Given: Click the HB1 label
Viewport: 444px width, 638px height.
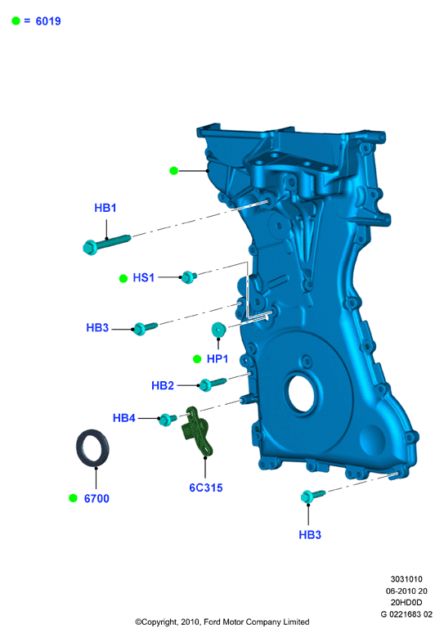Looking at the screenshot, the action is tap(105, 208).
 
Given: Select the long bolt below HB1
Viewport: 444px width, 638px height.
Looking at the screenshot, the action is tap(106, 244).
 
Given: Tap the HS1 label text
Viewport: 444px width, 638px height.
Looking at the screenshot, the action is tap(144, 277).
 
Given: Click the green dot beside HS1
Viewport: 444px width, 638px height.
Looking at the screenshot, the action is tap(123, 278).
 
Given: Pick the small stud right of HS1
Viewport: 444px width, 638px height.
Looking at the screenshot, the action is tap(189, 276).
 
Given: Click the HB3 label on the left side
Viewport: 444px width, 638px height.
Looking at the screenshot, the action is tap(97, 327).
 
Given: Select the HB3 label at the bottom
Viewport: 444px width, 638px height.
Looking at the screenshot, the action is tap(310, 534).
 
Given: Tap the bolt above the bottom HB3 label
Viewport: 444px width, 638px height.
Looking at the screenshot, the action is tap(312, 495).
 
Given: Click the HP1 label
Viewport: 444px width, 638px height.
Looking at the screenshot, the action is tap(218, 358).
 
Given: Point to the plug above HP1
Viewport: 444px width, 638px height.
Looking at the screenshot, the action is tap(219, 329).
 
